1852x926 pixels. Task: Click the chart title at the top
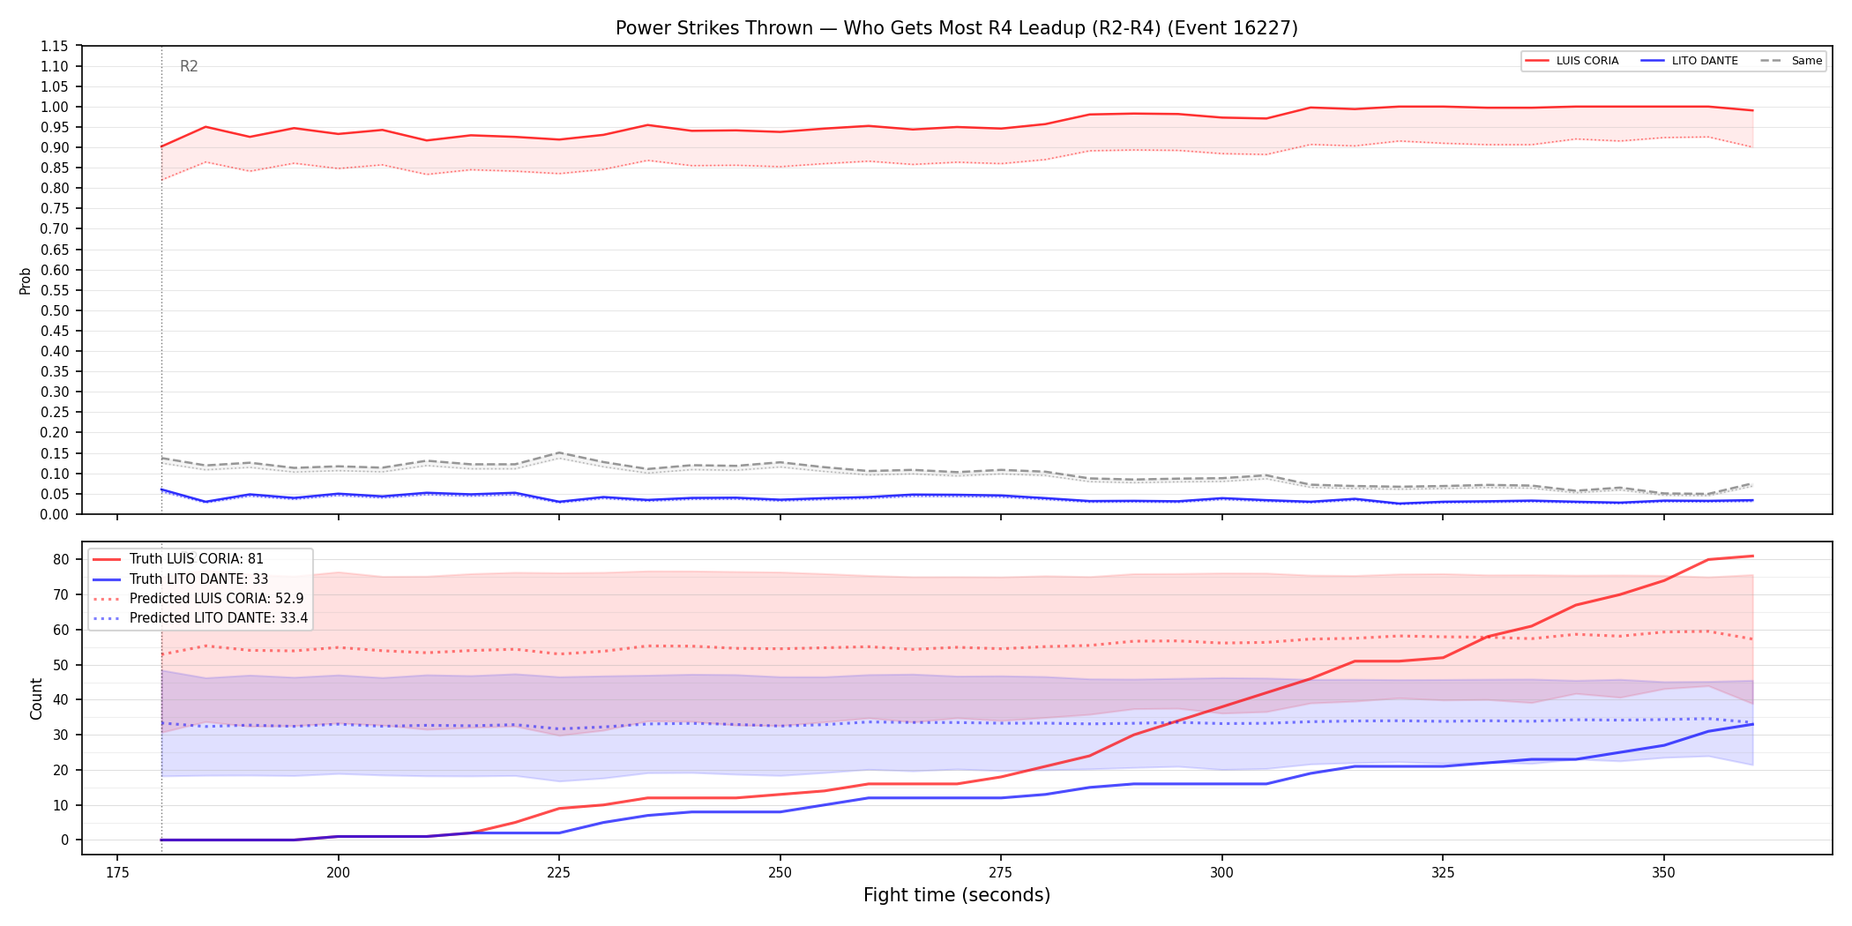click(957, 28)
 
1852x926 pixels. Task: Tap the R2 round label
click(189, 66)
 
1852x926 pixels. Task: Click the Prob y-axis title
click(26, 280)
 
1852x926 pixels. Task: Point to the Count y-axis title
click(36, 698)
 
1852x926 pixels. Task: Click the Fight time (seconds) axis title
click(957, 895)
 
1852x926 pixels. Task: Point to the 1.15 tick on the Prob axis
click(55, 46)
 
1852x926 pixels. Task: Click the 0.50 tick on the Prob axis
click(55, 310)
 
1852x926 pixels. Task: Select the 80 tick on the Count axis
click(61, 559)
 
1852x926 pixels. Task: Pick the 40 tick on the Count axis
click(61, 699)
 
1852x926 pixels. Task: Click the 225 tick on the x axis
click(559, 872)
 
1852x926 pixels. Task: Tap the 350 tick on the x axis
click(1663, 872)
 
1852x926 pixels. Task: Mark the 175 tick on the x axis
click(117, 872)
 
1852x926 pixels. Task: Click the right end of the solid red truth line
click(1752, 556)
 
